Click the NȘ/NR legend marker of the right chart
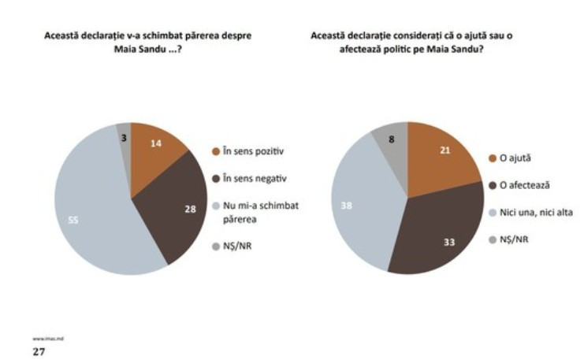pos(494,239)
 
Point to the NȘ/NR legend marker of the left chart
pos(215,246)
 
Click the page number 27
pos(38,351)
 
